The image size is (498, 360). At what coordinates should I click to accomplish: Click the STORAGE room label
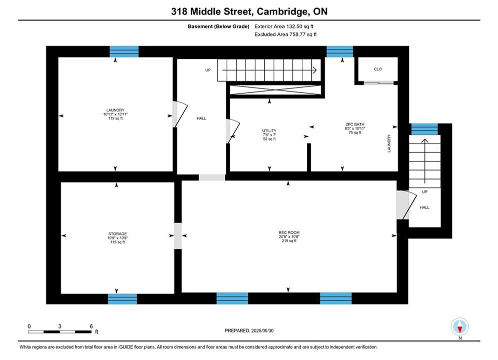[x=118, y=234]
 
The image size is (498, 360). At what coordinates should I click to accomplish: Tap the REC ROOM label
[x=289, y=232]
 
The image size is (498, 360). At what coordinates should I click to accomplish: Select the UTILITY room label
[x=269, y=130]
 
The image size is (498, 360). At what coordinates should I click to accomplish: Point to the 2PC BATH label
[x=355, y=124]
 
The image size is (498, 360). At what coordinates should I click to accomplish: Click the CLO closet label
[x=378, y=69]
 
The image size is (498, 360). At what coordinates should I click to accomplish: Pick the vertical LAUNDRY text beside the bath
[x=389, y=143]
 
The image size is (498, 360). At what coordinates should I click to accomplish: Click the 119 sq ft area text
[x=115, y=118]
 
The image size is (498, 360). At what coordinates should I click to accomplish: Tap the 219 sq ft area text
[x=289, y=240]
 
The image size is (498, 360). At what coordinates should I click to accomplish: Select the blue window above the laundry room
[x=124, y=51]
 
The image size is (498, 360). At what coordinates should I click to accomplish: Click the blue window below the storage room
[x=123, y=299]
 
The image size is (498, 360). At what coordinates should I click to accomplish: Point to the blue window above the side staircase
[x=424, y=129]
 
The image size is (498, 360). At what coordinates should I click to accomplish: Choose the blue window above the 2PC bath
[x=340, y=51]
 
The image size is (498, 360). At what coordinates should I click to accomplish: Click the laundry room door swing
[x=180, y=114]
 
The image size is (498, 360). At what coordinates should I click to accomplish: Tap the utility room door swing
[x=233, y=131]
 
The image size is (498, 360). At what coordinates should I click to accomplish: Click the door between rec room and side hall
[x=406, y=205]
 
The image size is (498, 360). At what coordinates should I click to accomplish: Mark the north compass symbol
[x=459, y=326]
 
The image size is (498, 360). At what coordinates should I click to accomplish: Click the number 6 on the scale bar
[x=91, y=326]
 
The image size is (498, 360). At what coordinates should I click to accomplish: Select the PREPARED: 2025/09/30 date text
[x=249, y=330]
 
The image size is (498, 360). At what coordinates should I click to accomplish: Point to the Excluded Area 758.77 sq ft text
[x=285, y=34]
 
